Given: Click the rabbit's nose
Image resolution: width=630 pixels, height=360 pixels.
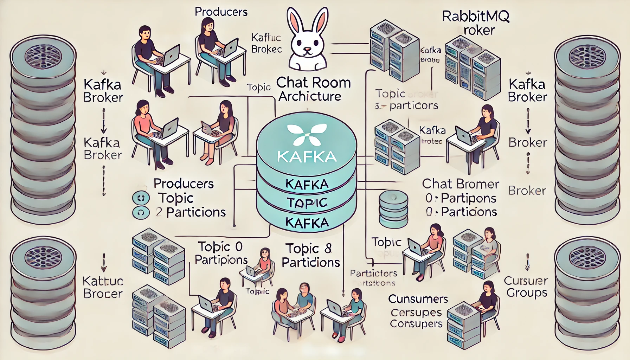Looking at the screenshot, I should click(x=308, y=50).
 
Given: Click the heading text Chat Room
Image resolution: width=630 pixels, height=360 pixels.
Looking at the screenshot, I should click(x=313, y=83).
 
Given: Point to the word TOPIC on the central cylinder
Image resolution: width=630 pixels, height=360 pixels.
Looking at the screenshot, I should click(x=307, y=203).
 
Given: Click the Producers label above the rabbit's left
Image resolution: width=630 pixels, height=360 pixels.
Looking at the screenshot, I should click(x=221, y=12).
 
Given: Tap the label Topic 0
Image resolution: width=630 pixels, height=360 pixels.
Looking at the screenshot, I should click(x=220, y=247).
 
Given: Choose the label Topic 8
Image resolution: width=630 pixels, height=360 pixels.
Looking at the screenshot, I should click(x=309, y=249).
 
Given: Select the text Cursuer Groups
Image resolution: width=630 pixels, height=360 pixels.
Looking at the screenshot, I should click(x=526, y=287).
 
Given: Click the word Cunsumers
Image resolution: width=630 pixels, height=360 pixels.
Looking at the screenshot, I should click(x=418, y=299).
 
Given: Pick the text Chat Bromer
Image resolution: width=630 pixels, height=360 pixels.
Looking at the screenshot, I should click(x=460, y=184).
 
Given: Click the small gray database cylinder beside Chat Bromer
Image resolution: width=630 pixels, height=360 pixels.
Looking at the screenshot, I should click(x=393, y=209).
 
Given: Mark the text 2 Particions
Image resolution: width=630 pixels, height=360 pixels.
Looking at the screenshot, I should click(x=191, y=212).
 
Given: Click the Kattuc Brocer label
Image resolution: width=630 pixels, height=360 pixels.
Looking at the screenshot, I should click(x=103, y=287).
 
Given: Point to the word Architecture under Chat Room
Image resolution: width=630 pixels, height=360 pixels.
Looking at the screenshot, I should click(x=310, y=96).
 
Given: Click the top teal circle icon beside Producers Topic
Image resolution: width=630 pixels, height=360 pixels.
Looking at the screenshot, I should click(x=141, y=198).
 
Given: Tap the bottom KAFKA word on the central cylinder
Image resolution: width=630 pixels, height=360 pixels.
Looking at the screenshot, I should click(x=307, y=223).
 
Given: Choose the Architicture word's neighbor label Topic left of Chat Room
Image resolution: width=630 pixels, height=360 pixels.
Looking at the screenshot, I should click(x=259, y=87).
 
